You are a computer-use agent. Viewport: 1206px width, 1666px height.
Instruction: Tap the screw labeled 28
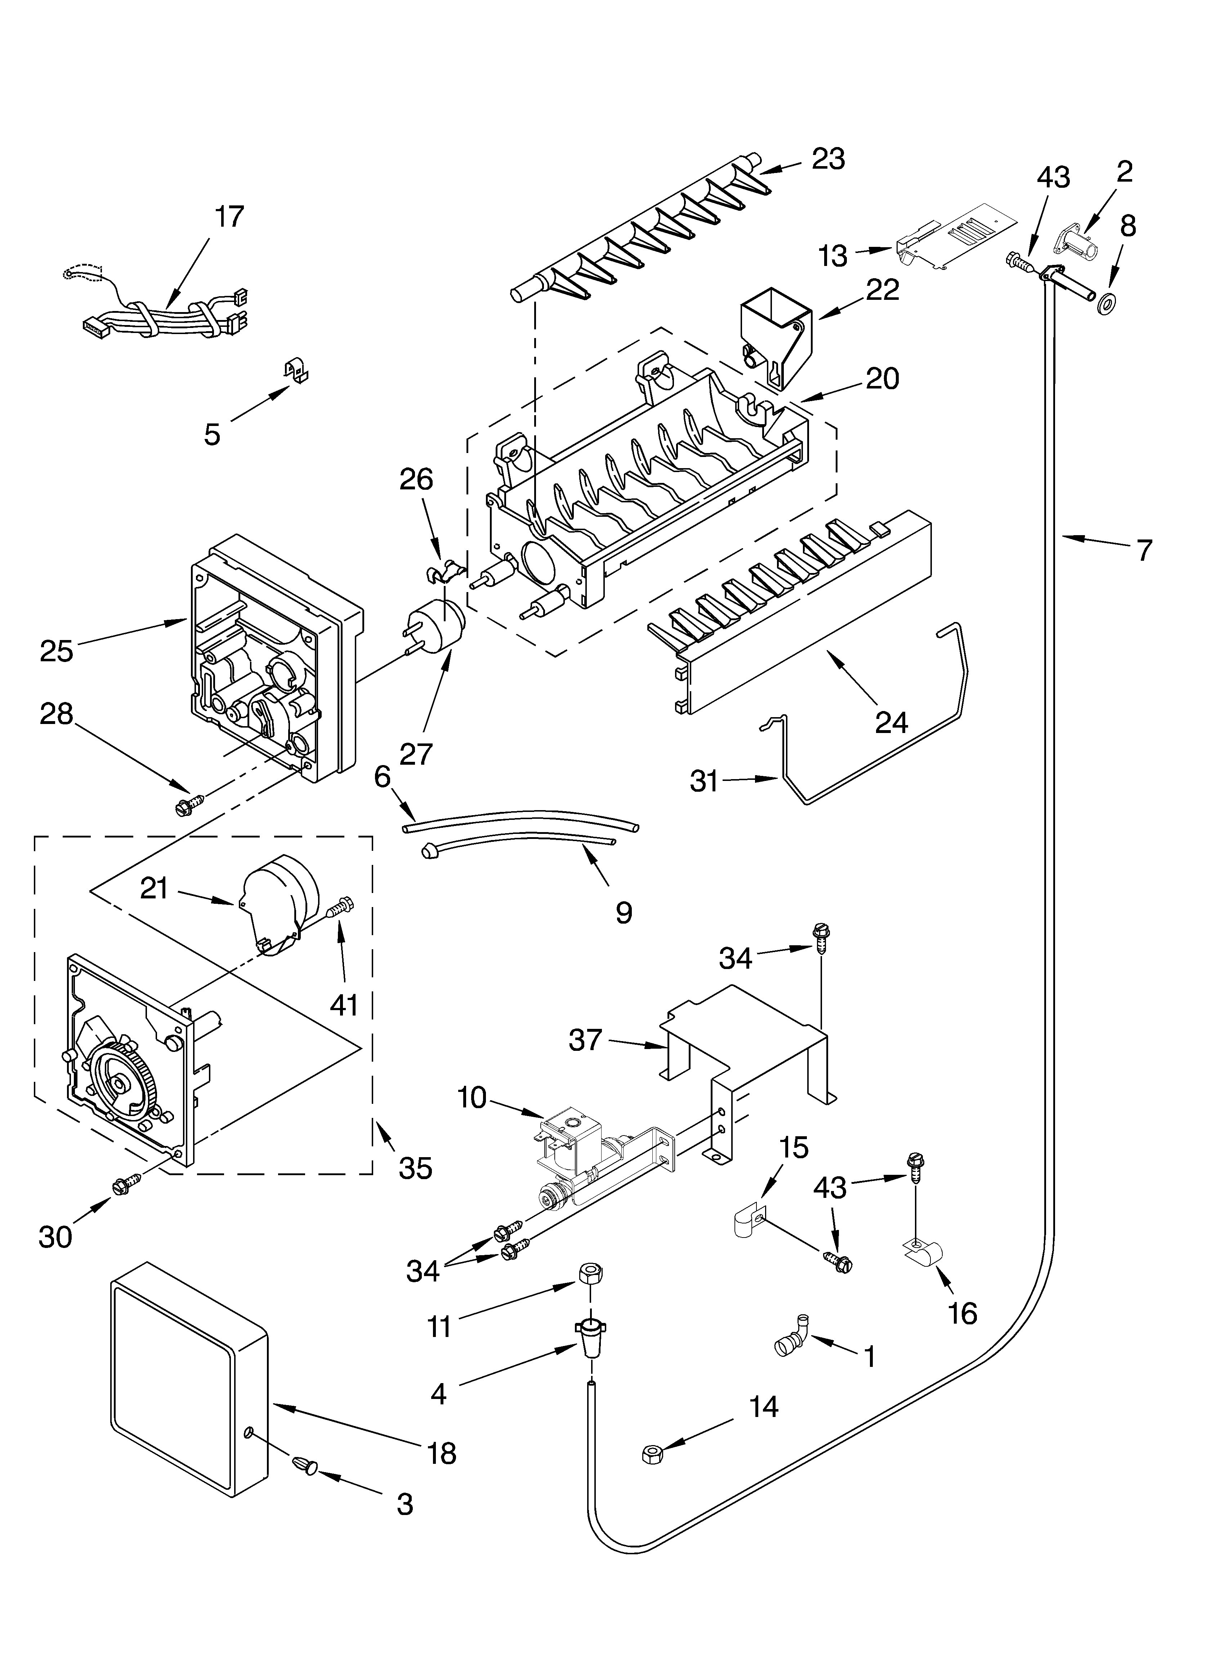(x=186, y=806)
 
